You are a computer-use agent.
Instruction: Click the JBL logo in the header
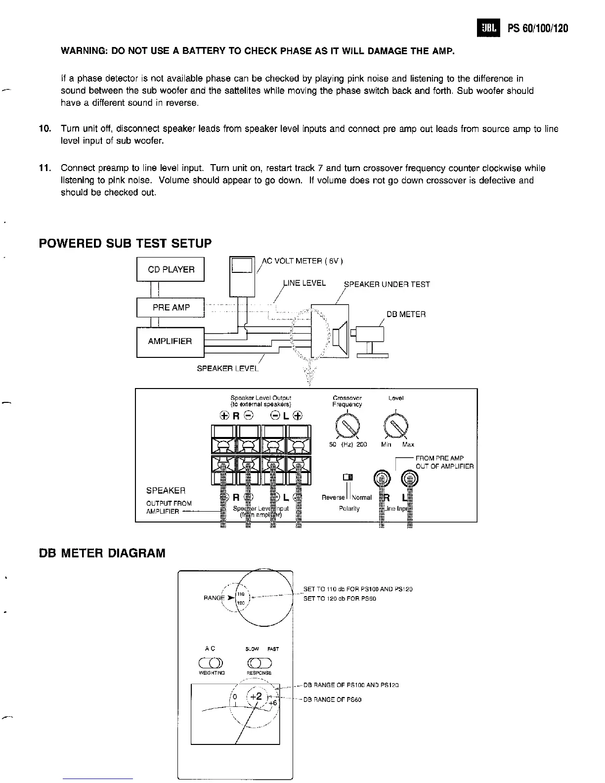(x=488, y=28)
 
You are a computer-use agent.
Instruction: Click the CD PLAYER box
(x=171, y=269)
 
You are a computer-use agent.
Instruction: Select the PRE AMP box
(x=171, y=307)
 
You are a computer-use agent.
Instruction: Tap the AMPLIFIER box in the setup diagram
(x=171, y=342)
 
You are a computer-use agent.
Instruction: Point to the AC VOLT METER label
(x=302, y=261)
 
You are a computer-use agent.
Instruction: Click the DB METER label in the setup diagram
(x=406, y=314)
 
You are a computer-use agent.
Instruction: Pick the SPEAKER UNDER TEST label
(x=387, y=284)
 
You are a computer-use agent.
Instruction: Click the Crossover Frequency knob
(x=347, y=425)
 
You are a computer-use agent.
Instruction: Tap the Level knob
(x=397, y=425)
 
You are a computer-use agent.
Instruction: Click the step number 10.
(x=45, y=129)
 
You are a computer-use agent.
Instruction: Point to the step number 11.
(x=45, y=168)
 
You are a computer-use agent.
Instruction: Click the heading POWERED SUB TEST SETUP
(x=125, y=243)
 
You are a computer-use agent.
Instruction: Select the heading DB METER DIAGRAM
(x=102, y=553)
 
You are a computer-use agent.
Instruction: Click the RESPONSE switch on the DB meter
(x=259, y=663)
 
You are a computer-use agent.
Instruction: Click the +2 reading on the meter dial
(x=256, y=696)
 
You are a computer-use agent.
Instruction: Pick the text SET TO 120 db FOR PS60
(x=340, y=599)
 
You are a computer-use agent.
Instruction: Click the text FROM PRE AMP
(x=439, y=458)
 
